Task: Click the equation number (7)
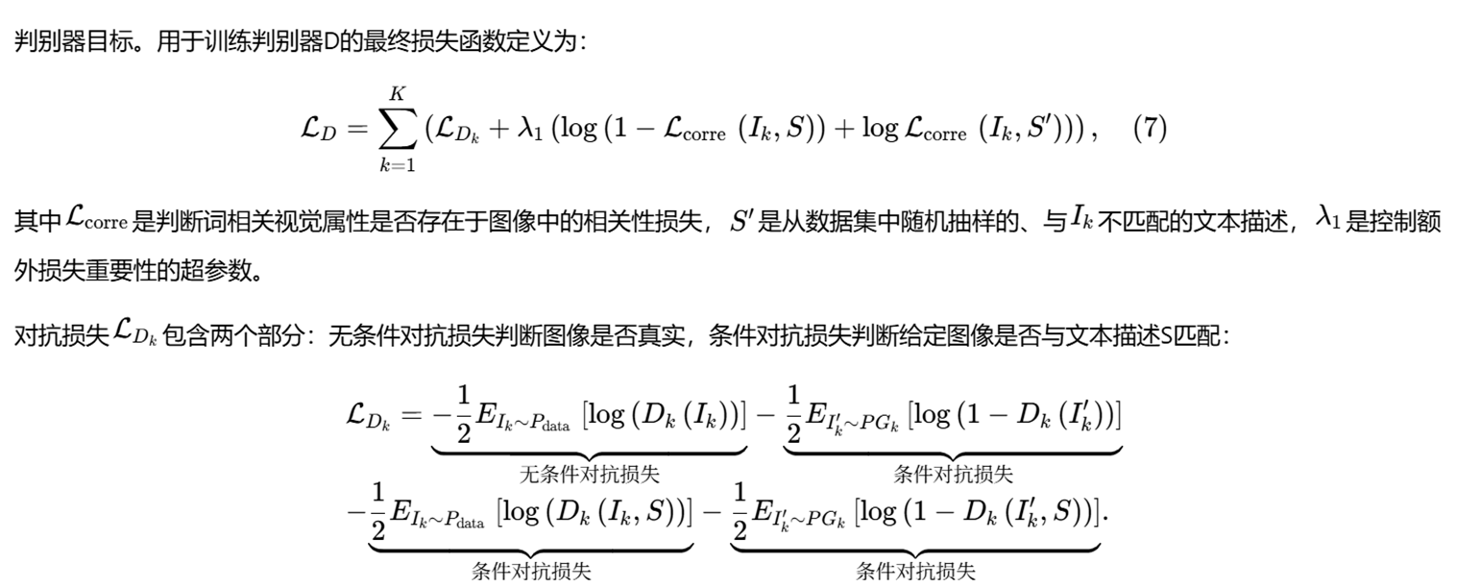[x=1150, y=129]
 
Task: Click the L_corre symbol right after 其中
[x=96, y=221]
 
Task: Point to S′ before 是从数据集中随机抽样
[x=742, y=221]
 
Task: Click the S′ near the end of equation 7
[x=1048, y=129]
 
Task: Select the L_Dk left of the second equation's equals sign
[x=369, y=415]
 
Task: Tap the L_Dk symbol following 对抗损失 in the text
[x=135, y=336]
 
